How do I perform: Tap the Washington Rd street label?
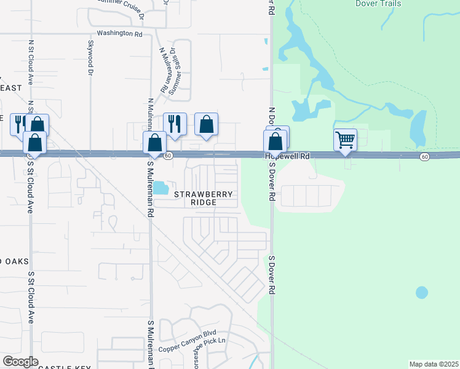119,33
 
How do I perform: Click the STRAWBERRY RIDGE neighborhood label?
204,198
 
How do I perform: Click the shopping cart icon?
346,140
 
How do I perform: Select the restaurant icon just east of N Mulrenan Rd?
175,123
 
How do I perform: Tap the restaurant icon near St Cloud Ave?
19,124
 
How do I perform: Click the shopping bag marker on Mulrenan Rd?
155,142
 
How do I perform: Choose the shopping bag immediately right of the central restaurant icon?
207,124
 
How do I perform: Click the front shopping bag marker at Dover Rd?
275,141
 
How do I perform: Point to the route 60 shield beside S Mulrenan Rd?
168,156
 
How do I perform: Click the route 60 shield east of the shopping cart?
424,157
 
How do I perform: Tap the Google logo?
21,362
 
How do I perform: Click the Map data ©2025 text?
434,364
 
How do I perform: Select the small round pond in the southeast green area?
421,292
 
